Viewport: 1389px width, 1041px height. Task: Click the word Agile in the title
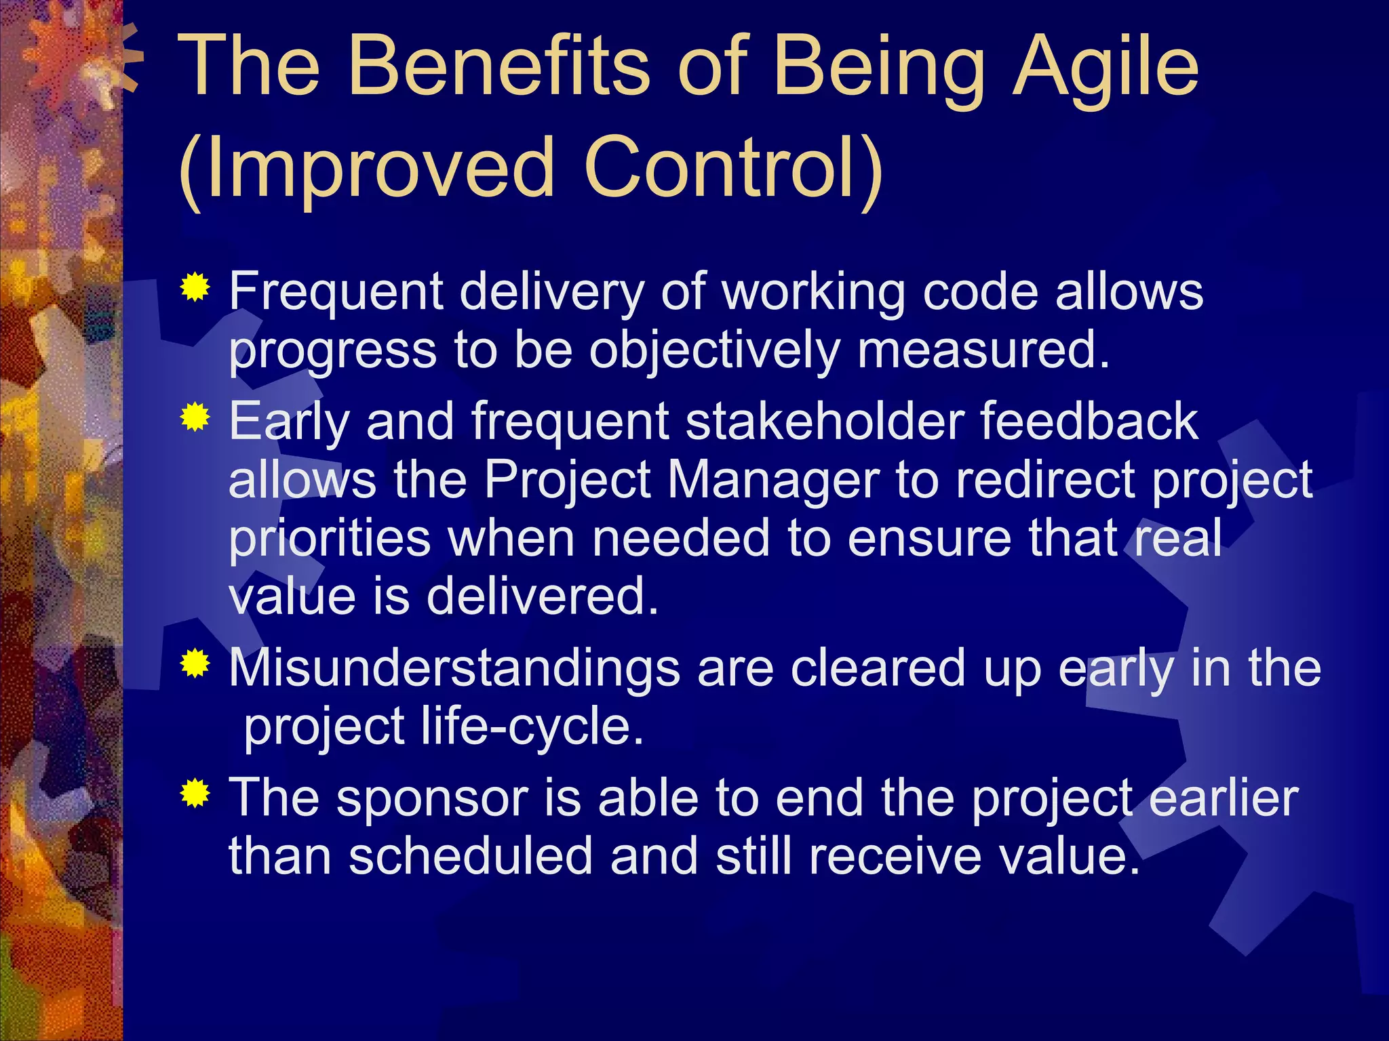(x=1106, y=68)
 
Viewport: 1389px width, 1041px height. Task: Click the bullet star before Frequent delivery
(x=195, y=288)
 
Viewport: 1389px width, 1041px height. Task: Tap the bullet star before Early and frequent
(x=195, y=417)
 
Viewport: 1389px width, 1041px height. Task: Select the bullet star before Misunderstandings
(x=195, y=664)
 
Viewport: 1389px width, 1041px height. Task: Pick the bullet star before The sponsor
(x=195, y=793)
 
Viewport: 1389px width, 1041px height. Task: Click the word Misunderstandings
(x=454, y=668)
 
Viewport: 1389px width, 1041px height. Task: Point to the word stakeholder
(x=825, y=422)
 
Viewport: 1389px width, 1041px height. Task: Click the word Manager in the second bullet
(x=773, y=480)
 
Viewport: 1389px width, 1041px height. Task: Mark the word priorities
(x=330, y=539)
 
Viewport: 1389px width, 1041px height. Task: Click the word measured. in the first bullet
(x=983, y=350)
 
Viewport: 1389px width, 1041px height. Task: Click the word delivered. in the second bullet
(x=543, y=596)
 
